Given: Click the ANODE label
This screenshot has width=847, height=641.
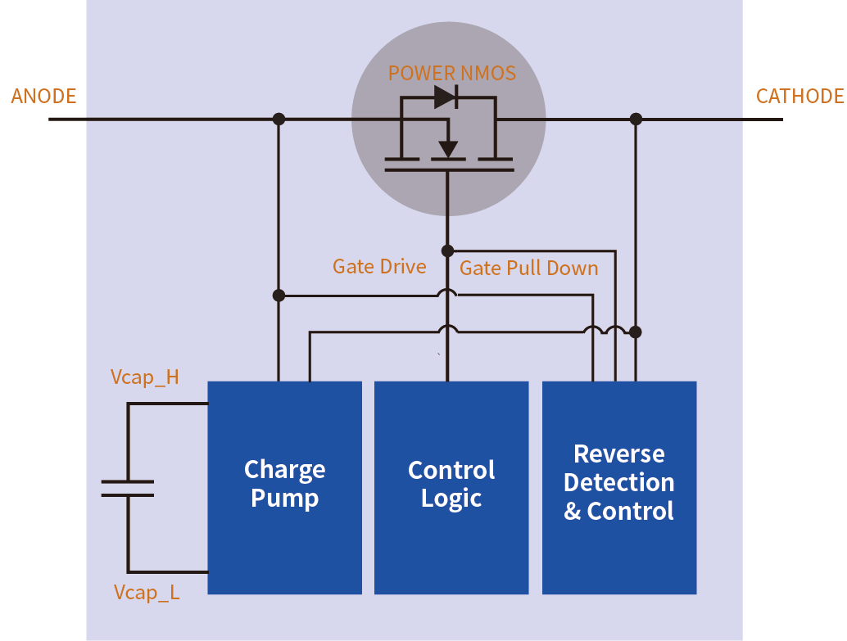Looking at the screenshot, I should (x=43, y=97).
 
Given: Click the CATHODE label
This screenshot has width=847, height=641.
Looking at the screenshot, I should (x=799, y=97).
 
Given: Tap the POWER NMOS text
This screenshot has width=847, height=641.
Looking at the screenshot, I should (x=451, y=74).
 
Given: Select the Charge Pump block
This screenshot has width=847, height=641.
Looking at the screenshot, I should (x=284, y=487).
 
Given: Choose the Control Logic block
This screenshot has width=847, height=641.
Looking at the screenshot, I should (x=451, y=487).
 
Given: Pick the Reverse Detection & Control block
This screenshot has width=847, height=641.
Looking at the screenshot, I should (x=619, y=487).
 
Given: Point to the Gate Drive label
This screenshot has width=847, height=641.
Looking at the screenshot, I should (x=379, y=266).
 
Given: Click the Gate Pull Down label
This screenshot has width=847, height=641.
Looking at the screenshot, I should (x=528, y=268).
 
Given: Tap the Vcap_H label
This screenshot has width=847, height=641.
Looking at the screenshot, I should (x=145, y=377).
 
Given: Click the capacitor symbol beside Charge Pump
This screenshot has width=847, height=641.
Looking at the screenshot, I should (x=128, y=488).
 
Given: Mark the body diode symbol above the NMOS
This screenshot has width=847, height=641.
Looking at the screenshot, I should (x=446, y=97).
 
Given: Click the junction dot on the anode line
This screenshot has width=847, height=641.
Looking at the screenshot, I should (x=279, y=120).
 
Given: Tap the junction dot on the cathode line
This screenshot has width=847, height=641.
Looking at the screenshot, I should (x=636, y=120).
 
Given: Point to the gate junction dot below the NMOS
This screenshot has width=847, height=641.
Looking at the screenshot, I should (x=447, y=251).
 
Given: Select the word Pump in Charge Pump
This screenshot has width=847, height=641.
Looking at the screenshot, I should (x=284, y=499).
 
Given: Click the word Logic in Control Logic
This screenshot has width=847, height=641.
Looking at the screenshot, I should (x=451, y=499).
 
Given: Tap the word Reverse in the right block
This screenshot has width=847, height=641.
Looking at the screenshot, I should (x=619, y=454).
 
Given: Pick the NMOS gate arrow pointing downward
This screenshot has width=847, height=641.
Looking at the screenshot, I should (x=447, y=148).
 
